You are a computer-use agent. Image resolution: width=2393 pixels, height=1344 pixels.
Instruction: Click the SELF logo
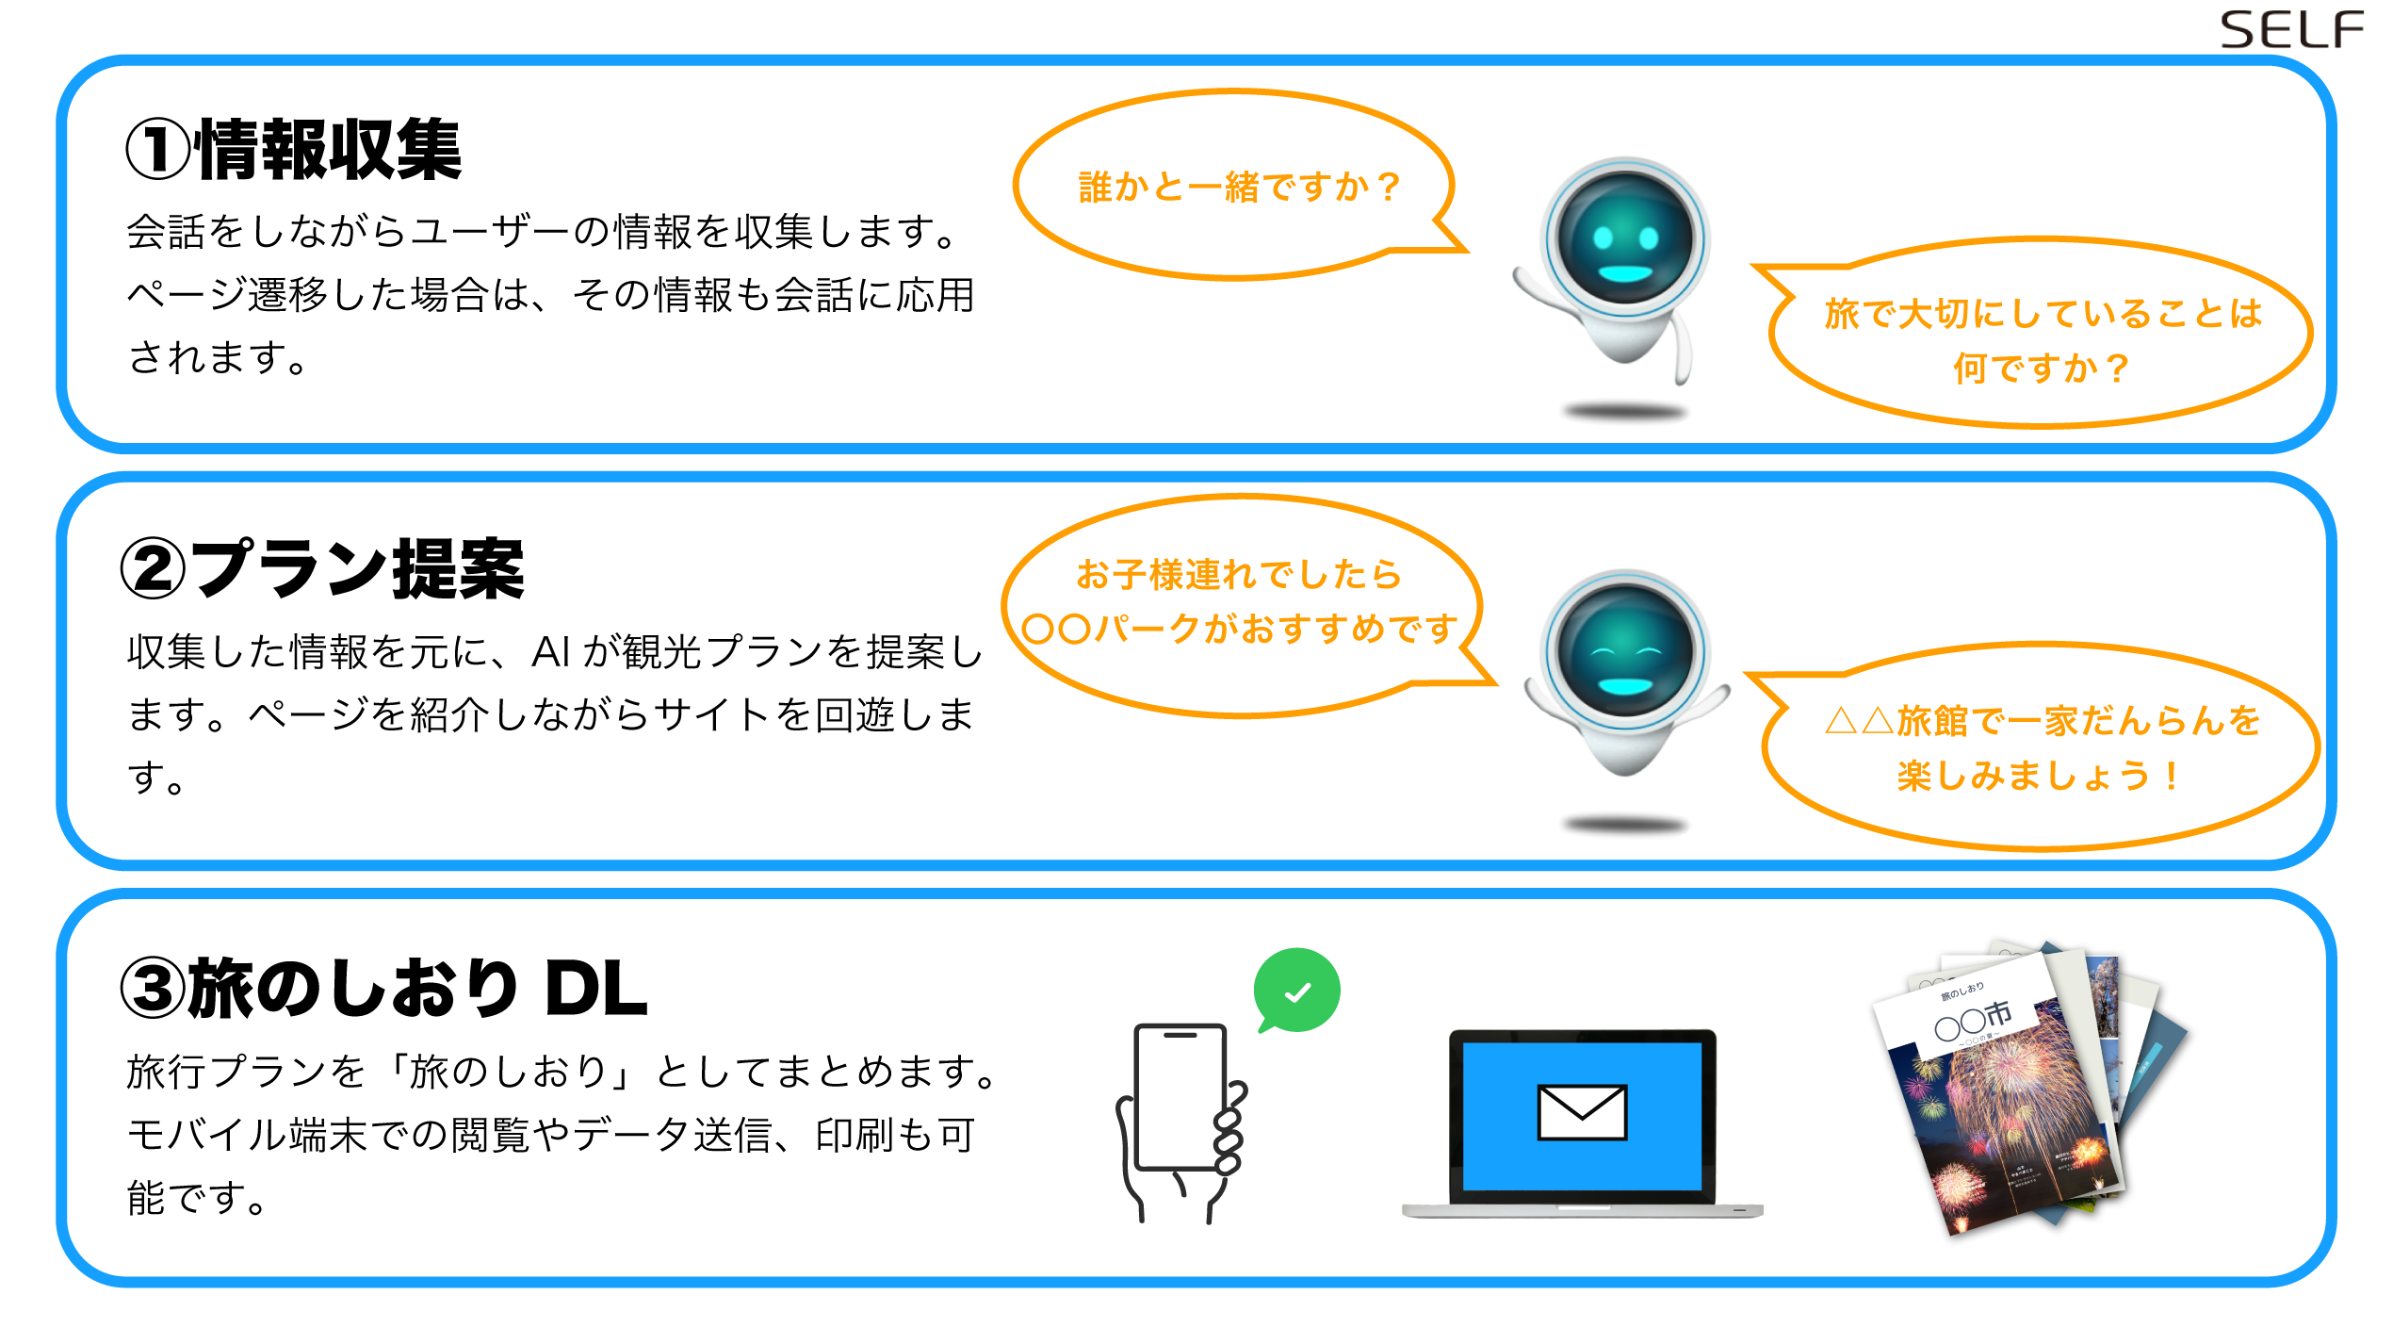(x=2291, y=30)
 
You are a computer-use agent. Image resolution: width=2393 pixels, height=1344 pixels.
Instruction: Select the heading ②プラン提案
(x=322, y=569)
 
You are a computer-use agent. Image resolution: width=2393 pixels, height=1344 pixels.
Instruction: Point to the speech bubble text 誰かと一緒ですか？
(x=1240, y=187)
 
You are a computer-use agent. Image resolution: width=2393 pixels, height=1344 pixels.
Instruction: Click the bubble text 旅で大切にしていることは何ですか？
(x=2043, y=339)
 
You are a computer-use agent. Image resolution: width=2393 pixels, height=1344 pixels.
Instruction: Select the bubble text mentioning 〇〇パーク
(x=1240, y=601)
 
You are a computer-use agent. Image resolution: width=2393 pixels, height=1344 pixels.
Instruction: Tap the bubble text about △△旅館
(x=2041, y=748)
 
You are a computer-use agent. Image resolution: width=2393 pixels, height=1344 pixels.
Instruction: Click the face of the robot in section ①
(x=1624, y=241)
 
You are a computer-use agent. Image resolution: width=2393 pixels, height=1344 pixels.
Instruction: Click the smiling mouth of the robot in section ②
(x=1626, y=685)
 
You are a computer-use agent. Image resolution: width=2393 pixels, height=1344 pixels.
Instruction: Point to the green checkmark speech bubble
(x=1297, y=991)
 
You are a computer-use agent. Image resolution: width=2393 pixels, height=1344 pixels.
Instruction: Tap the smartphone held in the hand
(x=1180, y=1098)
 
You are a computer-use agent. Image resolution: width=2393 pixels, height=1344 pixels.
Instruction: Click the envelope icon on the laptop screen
(x=1582, y=1112)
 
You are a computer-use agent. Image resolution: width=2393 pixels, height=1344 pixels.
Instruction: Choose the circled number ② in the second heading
(x=154, y=569)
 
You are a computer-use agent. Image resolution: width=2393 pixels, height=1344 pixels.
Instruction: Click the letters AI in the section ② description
(x=551, y=652)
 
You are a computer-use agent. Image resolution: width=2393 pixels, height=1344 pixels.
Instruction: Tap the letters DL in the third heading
(x=595, y=990)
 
